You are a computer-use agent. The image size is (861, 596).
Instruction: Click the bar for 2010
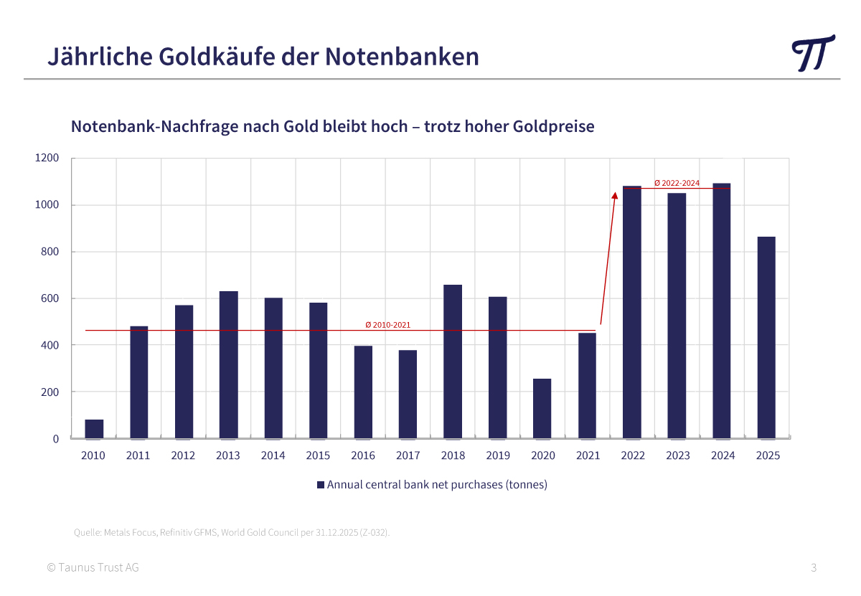pos(94,429)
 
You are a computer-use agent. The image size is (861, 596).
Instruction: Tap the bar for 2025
pos(766,337)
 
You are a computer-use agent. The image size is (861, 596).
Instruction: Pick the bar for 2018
pos(453,361)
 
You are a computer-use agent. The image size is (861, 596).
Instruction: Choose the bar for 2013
pos(228,364)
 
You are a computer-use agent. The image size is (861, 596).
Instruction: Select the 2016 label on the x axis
pos(363,455)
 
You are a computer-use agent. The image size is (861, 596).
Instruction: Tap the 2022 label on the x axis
pos(633,455)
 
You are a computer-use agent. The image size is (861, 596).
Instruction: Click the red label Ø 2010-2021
pos(387,325)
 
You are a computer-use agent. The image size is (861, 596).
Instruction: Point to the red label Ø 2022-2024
pos(677,183)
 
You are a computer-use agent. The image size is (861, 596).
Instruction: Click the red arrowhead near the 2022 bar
pos(614,194)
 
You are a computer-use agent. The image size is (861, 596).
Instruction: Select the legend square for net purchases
pos(321,485)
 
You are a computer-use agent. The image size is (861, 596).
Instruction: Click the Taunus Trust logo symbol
pos(813,54)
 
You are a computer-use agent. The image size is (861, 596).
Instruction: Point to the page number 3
pos(814,568)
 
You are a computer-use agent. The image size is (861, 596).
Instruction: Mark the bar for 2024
pos(721,311)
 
